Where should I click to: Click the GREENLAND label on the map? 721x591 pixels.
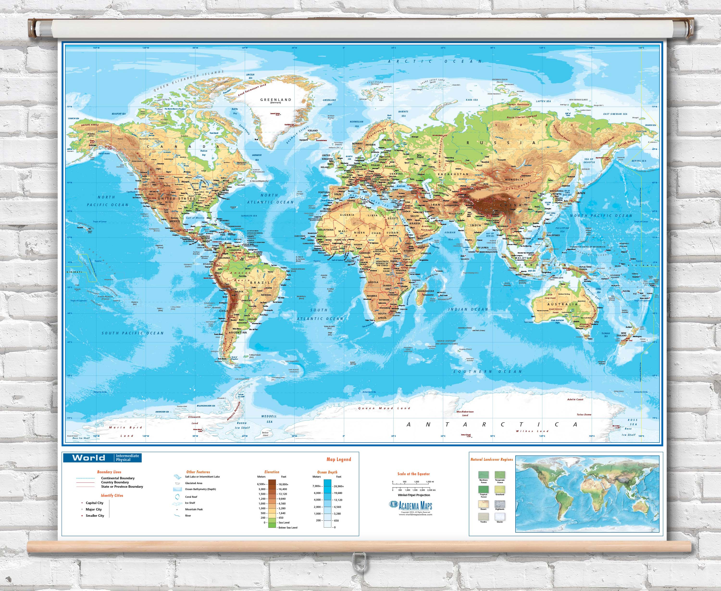pyautogui.click(x=275, y=100)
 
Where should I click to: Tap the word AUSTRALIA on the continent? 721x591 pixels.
pyautogui.click(x=562, y=304)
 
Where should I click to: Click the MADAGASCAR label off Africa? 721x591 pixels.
pyautogui.click(x=425, y=291)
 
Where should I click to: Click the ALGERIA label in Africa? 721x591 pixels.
pyautogui.click(x=347, y=215)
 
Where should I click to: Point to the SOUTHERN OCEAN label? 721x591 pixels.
pyautogui.click(x=487, y=371)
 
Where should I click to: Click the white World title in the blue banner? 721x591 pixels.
pyautogui.click(x=88, y=458)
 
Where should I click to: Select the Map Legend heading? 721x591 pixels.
pyautogui.click(x=339, y=459)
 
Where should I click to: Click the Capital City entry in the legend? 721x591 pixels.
pyautogui.click(x=94, y=503)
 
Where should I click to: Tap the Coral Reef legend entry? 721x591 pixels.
pyautogui.click(x=191, y=497)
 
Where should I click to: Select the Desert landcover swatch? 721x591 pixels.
pyautogui.click(x=483, y=504)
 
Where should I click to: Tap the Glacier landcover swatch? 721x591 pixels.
pyautogui.click(x=500, y=517)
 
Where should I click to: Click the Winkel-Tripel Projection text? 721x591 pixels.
pyautogui.click(x=414, y=495)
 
